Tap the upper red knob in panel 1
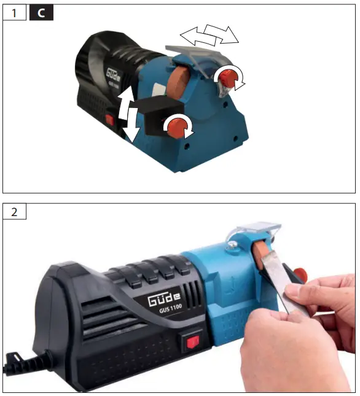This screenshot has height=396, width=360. click(229, 79)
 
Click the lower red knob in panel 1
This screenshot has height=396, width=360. click(177, 127)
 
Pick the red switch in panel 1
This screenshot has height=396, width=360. click(111, 120)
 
